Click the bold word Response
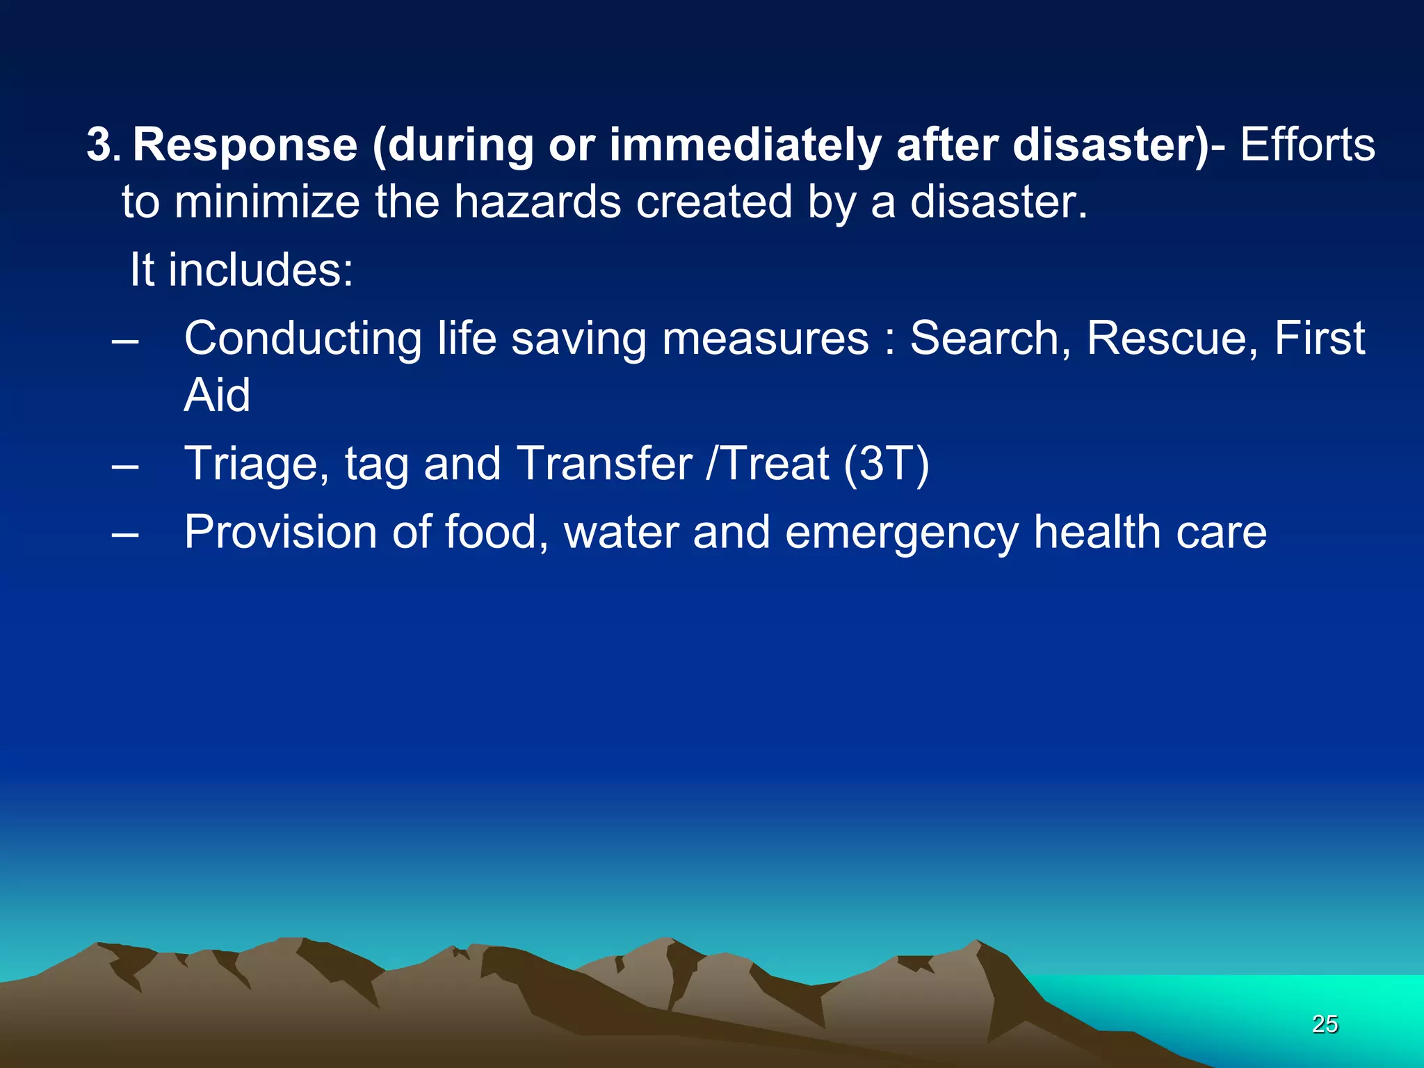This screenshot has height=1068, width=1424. (x=245, y=146)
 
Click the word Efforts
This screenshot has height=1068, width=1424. (x=1307, y=146)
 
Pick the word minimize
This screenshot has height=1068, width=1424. (x=267, y=202)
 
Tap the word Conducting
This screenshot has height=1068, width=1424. (x=302, y=339)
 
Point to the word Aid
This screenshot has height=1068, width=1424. (x=217, y=396)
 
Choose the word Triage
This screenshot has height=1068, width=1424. (x=257, y=464)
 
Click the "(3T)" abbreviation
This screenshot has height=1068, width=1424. (x=887, y=464)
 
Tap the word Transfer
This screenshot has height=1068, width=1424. (x=604, y=464)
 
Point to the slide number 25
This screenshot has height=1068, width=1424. (x=1325, y=1024)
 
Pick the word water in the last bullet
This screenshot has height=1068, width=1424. (x=621, y=533)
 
